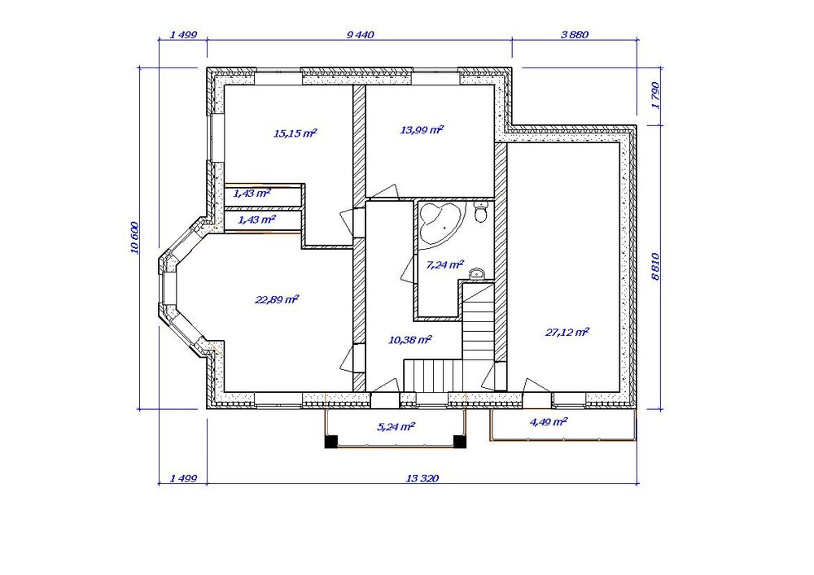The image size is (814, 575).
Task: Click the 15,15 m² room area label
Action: tap(295, 133)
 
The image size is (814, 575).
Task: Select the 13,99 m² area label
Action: tap(422, 129)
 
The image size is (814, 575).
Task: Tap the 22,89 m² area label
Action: tap(277, 299)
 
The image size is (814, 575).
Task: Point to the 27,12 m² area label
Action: tap(567, 332)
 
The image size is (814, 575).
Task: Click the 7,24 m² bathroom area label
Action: tap(444, 265)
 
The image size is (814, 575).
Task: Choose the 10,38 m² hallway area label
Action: tap(410, 340)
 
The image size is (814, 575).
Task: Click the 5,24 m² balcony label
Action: tap(396, 427)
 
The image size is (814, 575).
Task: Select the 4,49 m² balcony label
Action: tap(548, 421)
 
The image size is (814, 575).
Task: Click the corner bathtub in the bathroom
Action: tap(440, 222)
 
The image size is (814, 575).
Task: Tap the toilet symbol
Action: tap(481, 212)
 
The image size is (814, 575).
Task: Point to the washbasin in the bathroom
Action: tap(476, 274)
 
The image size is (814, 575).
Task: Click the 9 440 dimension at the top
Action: tap(360, 35)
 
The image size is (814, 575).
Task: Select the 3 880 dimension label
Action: tap(575, 35)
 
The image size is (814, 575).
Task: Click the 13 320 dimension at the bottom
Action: tap(422, 478)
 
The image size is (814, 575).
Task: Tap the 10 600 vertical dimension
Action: tap(134, 238)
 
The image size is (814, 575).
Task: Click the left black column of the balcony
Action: tap(331, 442)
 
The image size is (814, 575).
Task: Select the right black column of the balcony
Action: tap(460, 442)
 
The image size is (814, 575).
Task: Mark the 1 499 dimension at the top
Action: tap(183, 35)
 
